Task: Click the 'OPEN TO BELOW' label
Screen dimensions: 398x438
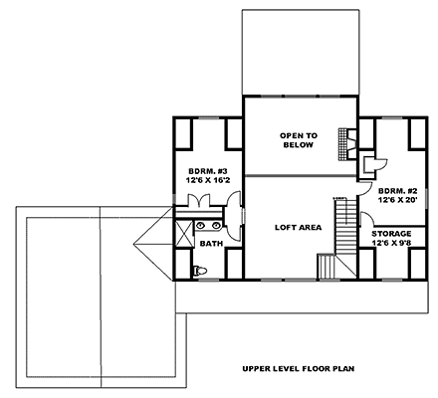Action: point(298,139)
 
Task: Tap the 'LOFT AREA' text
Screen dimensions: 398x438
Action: point(298,228)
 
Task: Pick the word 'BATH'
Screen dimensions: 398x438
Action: point(210,243)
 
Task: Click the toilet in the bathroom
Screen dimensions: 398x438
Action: point(199,270)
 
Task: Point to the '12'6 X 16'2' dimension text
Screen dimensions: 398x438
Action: point(207,182)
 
